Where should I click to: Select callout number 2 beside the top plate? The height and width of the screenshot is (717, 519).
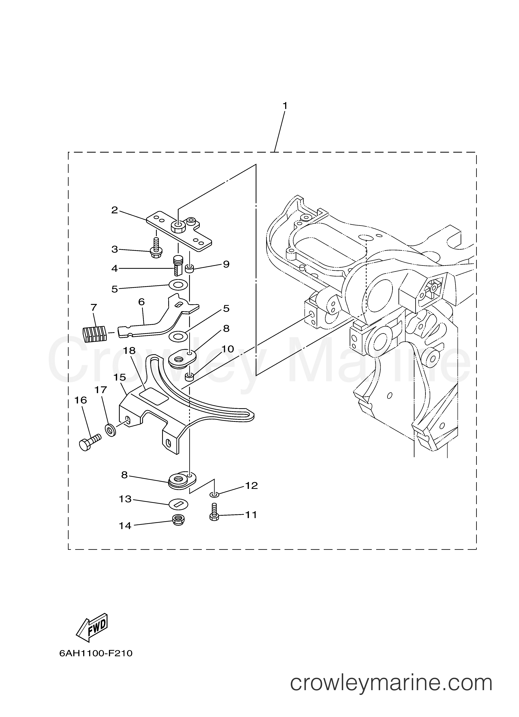tap(114, 210)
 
